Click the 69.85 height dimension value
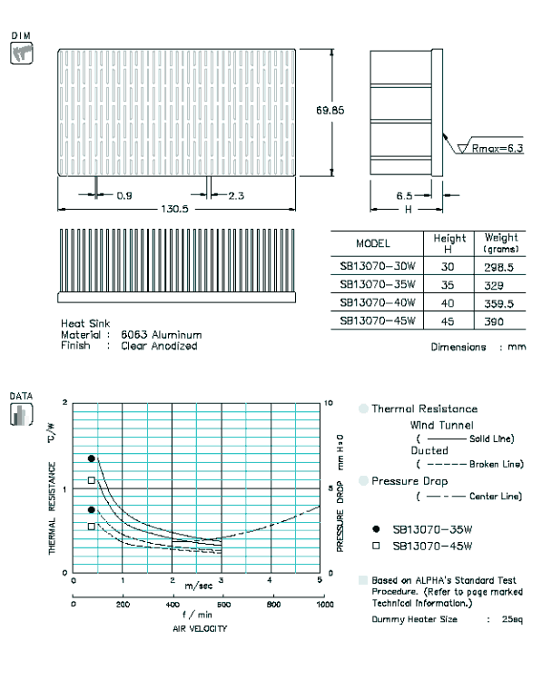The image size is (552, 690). pos(330,110)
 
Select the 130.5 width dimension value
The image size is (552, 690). pos(174,209)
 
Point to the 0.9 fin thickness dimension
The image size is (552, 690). pos(124,195)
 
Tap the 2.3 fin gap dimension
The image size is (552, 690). pos(236,196)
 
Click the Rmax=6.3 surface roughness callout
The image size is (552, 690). pos(498,148)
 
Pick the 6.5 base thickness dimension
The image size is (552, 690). pos(404,196)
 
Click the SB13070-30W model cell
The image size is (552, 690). pos(378,266)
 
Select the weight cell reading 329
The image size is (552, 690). pos(494,286)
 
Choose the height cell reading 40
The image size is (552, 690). pos(448,303)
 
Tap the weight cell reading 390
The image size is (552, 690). pos(494,321)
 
